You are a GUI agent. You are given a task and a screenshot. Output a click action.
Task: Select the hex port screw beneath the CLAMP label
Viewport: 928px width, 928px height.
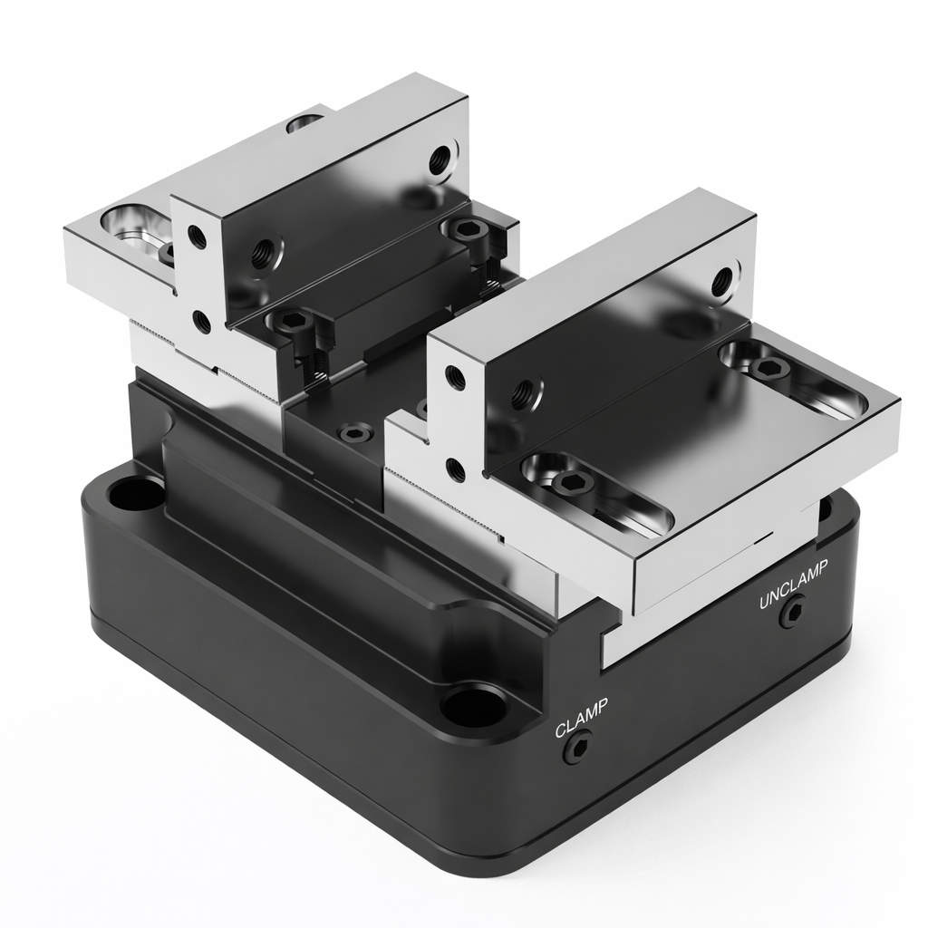575,749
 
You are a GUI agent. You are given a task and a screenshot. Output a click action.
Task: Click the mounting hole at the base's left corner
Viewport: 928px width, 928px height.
136,494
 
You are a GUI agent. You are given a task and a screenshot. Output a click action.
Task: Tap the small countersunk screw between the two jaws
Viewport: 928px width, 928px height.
354,433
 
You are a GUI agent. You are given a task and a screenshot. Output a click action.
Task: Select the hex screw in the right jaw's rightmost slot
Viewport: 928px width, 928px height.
768,368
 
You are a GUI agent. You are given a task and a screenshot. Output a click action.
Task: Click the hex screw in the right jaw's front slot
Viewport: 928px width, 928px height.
573,482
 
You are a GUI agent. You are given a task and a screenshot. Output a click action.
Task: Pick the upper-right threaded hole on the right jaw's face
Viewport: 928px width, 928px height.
722,282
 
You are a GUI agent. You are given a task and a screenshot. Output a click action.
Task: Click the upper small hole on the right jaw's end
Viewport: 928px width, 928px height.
455,378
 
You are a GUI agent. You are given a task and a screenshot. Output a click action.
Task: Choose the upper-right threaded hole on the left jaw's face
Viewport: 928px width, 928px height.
440,160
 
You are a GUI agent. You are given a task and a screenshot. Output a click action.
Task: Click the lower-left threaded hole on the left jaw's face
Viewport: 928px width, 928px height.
266,249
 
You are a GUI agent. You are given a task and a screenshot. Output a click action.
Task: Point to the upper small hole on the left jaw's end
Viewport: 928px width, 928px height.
197,237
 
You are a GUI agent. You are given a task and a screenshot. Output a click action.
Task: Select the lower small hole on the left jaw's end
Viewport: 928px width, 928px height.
202,322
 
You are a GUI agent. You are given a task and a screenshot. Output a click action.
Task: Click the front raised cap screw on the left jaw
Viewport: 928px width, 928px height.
294,323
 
